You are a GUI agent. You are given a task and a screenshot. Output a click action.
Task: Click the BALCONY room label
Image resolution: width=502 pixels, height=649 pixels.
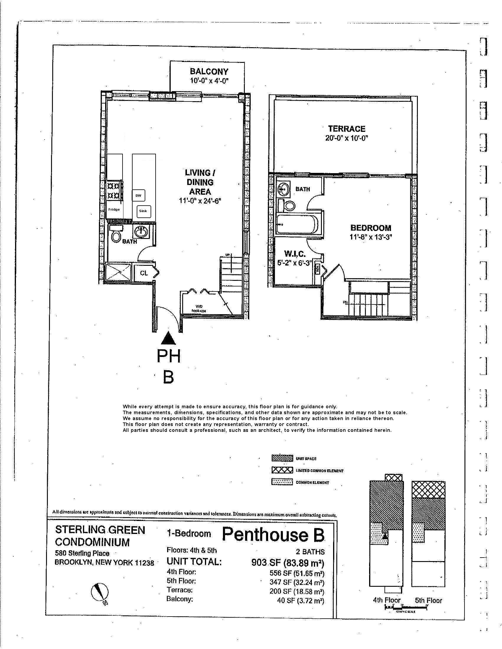(209, 72)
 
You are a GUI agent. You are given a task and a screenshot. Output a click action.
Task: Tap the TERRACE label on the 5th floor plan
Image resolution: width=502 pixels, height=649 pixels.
(346, 129)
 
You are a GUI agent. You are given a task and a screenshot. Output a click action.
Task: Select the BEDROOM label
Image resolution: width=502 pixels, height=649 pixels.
(371, 228)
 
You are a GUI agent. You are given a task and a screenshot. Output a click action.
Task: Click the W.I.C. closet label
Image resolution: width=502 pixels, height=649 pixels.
(295, 254)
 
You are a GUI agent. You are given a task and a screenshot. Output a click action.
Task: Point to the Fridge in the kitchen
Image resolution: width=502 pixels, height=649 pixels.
(114, 209)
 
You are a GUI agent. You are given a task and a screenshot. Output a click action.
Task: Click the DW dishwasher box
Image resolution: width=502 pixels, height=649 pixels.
(138, 196)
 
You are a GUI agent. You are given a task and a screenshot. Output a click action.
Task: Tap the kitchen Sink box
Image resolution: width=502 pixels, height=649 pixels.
(143, 211)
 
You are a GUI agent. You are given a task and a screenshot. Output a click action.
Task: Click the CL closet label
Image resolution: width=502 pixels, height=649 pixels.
(144, 273)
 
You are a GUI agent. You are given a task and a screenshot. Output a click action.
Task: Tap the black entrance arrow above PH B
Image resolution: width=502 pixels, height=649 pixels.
(169, 338)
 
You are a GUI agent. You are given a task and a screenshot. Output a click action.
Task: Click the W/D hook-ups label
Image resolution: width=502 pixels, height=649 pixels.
(199, 309)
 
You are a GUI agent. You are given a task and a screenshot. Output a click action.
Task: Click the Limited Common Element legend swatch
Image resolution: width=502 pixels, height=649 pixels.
(282, 471)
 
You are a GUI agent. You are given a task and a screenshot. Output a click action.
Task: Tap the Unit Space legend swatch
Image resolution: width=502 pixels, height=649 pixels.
(282, 458)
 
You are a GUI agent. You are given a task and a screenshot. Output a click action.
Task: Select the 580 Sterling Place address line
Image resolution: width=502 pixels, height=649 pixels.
(82, 553)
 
